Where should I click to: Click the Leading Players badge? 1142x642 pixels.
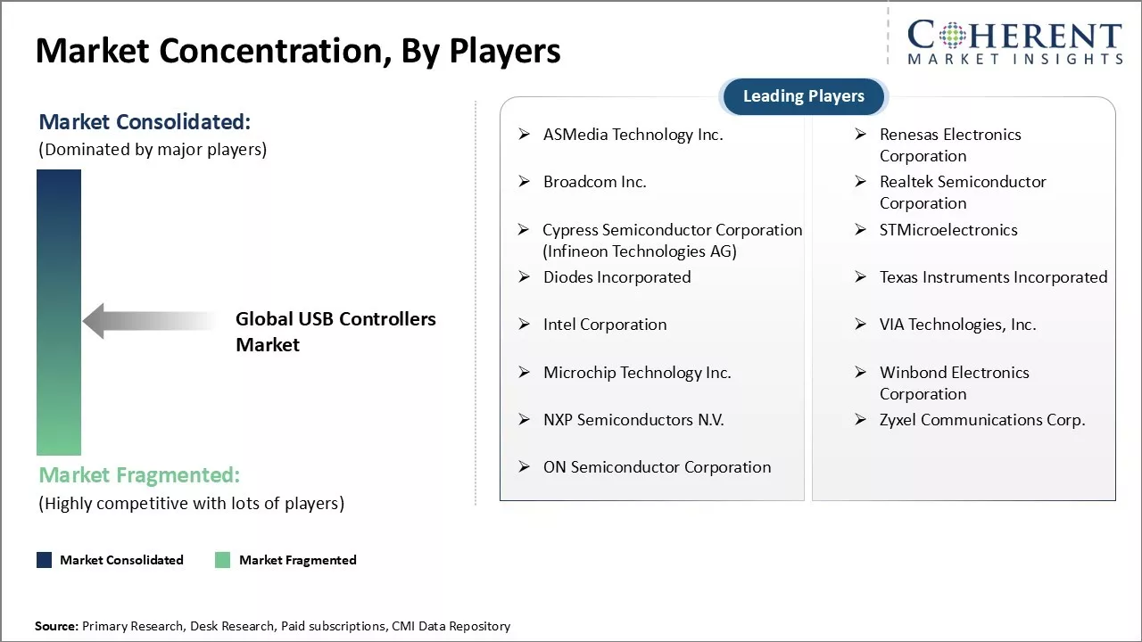click(x=804, y=96)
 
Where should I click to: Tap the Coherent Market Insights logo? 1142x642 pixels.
click(x=1014, y=42)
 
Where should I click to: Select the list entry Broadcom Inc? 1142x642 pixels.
click(x=594, y=182)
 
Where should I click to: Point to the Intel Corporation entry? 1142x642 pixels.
click(x=605, y=325)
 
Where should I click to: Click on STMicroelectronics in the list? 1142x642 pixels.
click(x=948, y=230)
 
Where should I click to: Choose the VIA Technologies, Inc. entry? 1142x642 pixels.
click(x=957, y=325)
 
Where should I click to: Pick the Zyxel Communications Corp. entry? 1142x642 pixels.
click(x=982, y=420)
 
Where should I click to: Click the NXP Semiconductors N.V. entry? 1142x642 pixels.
click(x=633, y=420)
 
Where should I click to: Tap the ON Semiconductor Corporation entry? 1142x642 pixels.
click(x=657, y=467)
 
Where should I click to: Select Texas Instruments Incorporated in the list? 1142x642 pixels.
click(x=993, y=277)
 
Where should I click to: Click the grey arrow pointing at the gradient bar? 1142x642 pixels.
click(x=149, y=321)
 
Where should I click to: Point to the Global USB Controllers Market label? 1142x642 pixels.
click(x=335, y=332)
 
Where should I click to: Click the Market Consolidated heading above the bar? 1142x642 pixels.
click(x=145, y=122)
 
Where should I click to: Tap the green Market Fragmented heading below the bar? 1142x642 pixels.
click(x=139, y=475)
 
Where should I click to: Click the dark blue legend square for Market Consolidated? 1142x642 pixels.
click(x=45, y=560)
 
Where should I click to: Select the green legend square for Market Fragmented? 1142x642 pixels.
click(x=222, y=560)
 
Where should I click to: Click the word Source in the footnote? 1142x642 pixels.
click(x=56, y=626)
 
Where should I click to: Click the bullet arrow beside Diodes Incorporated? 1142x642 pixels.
click(x=524, y=276)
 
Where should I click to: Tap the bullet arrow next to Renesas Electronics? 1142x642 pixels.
click(x=861, y=134)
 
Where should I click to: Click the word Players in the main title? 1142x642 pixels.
click(x=505, y=51)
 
